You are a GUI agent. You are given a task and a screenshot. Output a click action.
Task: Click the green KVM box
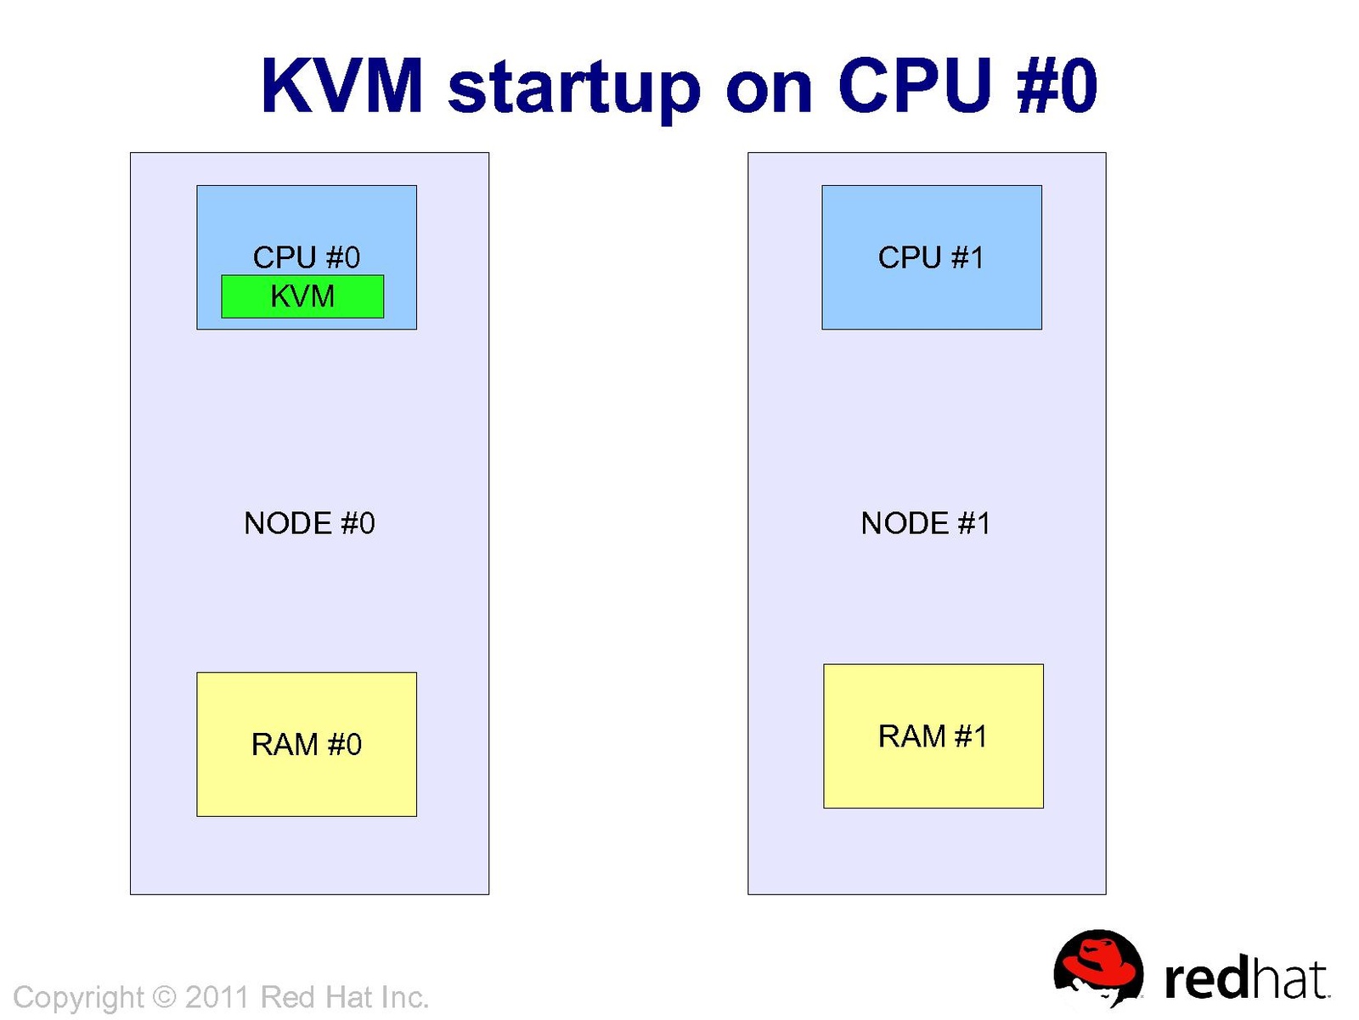(x=302, y=296)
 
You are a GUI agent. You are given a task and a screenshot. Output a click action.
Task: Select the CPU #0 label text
(x=307, y=256)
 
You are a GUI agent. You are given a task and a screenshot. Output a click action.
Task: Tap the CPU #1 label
(x=931, y=256)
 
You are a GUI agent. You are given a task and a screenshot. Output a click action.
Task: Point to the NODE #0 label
(x=309, y=523)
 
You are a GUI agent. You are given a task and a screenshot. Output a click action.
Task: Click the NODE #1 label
(x=926, y=523)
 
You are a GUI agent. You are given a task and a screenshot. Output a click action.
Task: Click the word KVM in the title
(x=341, y=87)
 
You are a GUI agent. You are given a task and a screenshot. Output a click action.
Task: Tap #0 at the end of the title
(x=1057, y=87)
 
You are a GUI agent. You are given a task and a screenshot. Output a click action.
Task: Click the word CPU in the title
(x=914, y=87)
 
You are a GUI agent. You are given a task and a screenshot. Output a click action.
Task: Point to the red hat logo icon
(x=1097, y=968)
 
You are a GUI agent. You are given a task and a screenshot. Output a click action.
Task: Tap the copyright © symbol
(x=164, y=996)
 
